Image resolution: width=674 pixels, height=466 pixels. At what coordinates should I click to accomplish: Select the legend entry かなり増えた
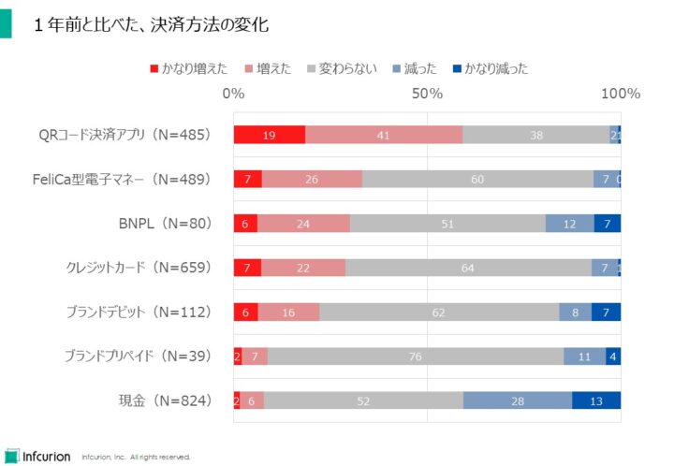pos(187,68)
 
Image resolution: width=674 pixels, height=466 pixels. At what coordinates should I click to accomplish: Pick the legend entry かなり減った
pos(488,68)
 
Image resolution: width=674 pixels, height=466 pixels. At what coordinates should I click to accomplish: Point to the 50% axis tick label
pos(427,94)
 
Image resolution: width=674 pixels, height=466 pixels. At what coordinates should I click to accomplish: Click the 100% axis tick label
pos(620,94)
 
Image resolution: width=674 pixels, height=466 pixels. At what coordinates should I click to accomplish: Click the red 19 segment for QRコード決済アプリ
pos(269,135)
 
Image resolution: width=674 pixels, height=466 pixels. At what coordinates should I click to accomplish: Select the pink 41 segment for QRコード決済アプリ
pos(384,135)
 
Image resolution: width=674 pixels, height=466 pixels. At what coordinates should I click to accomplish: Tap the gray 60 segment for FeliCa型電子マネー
pos(477,179)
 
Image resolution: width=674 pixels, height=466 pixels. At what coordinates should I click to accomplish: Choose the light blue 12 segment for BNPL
pos(569,224)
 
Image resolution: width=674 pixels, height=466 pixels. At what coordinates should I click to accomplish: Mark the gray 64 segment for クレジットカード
pos(468,268)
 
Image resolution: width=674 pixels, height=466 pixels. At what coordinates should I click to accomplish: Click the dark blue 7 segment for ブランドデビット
pos(607,312)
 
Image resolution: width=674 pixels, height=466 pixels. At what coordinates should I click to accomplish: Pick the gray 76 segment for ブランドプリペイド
pos(416,356)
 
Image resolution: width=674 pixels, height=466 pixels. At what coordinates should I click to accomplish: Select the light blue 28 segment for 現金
pos(518,400)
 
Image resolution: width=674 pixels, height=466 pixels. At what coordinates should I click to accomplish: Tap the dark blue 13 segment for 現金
pos(596,400)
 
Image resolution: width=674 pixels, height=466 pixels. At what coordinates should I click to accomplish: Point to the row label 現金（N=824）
pos(165,400)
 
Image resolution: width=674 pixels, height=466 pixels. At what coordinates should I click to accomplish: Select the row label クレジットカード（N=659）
pos(139,268)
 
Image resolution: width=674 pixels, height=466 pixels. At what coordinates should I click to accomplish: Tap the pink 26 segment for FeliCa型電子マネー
pos(312,179)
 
